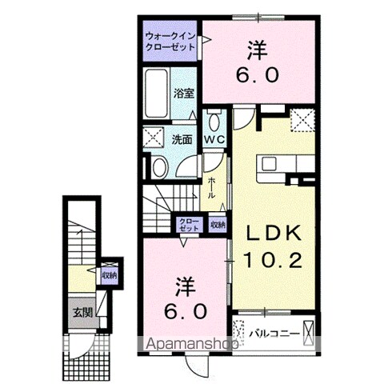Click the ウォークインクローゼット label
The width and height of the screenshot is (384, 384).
coord(170,41)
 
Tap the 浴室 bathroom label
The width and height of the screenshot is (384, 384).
coord(184,94)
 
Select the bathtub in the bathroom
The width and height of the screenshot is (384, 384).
coord(156,93)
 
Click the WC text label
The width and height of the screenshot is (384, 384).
coord(214,139)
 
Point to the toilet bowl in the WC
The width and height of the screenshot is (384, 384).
coord(214,122)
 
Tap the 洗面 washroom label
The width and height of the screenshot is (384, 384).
coord(182,139)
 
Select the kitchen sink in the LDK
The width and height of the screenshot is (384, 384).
coord(269,163)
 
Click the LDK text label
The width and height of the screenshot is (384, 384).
coord(273,233)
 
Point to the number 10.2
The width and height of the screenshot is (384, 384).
coord(273,260)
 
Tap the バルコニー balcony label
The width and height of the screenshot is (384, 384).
coord(274,334)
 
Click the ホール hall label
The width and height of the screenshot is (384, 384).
coord(211,188)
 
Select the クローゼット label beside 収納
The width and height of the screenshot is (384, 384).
coord(189,224)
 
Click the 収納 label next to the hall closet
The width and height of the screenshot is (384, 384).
coord(218,225)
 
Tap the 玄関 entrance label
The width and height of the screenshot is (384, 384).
coord(83,312)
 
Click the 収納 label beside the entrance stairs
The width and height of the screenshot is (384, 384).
coord(110,275)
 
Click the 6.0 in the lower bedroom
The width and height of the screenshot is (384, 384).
coord(186,311)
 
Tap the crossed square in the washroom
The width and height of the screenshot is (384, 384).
coord(153,137)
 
